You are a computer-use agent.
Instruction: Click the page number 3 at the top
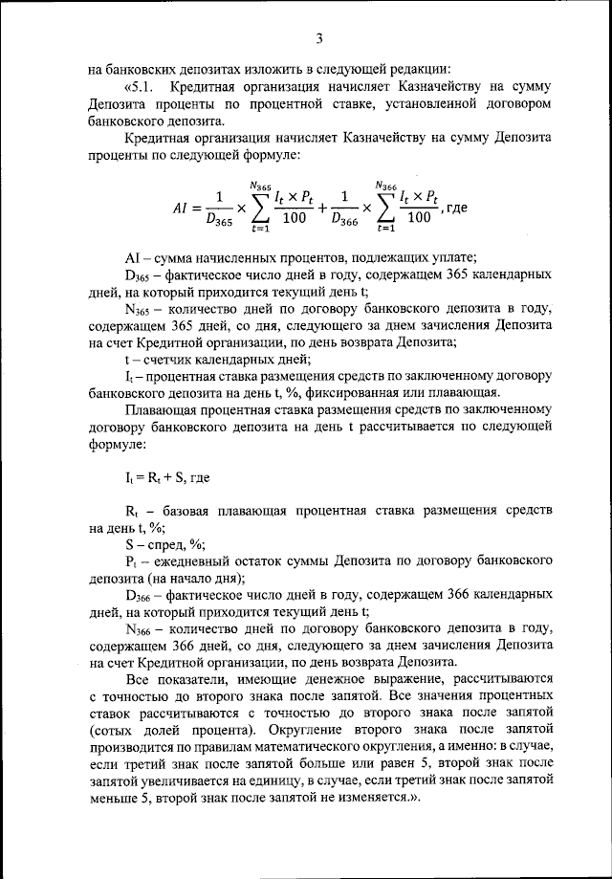pos(320,37)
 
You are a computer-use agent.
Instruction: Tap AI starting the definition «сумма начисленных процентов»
pos(133,257)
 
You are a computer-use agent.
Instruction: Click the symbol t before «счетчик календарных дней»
pos(127,360)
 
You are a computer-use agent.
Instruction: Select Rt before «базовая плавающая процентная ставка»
pos(132,507)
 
